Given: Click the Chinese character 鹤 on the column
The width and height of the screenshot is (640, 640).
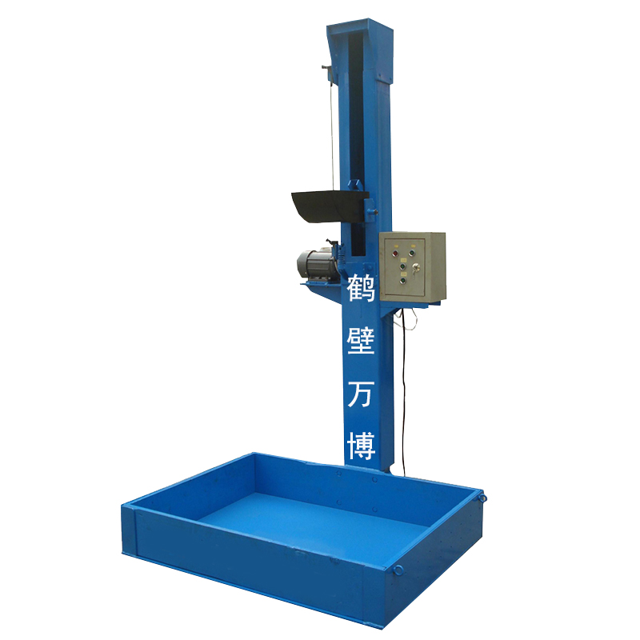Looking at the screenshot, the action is [x=361, y=288].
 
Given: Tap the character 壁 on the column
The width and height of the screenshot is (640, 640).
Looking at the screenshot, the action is [x=361, y=341].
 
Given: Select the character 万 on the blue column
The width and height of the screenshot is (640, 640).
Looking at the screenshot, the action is [x=361, y=393].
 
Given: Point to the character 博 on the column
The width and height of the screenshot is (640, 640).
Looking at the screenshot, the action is [x=361, y=446].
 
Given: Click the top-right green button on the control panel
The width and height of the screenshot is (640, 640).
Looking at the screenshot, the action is [x=412, y=253].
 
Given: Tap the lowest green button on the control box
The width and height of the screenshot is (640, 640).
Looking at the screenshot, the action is [x=403, y=281].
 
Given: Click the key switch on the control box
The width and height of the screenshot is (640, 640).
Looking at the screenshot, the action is [x=416, y=268].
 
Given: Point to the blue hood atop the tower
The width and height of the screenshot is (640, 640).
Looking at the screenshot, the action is [x=359, y=51].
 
